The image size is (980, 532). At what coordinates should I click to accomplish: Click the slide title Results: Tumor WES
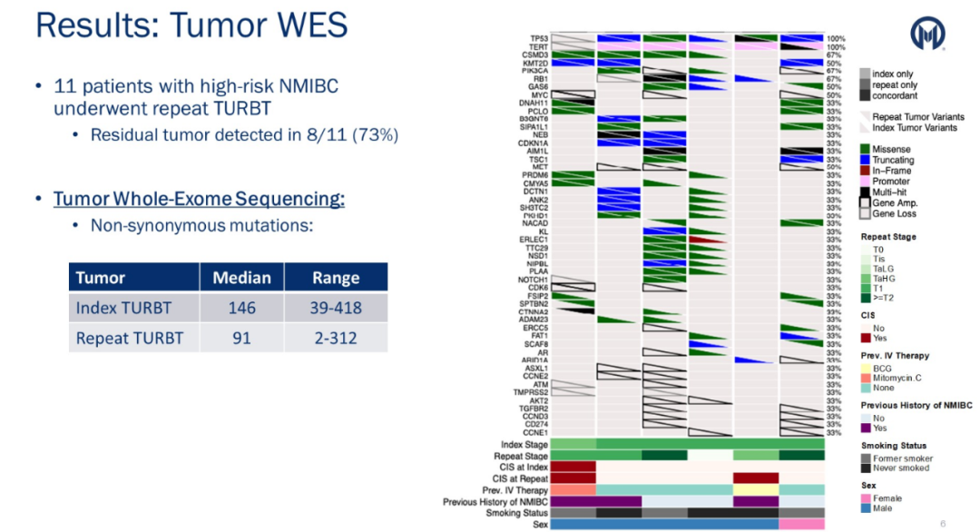pyautogui.click(x=191, y=25)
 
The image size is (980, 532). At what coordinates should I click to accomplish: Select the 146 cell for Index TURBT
pyautogui.click(x=241, y=308)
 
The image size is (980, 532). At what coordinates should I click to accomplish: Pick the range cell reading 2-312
pyautogui.click(x=336, y=338)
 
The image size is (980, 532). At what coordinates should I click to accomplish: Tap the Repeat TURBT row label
pyautogui.click(x=129, y=338)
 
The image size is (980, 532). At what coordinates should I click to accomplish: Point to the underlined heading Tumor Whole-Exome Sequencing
pyautogui.click(x=199, y=198)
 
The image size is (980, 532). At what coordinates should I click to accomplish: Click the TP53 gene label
pyautogui.click(x=539, y=39)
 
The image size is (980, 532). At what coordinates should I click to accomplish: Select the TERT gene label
pyautogui.click(x=539, y=47)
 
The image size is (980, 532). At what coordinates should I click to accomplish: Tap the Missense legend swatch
pyautogui.click(x=865, y=149)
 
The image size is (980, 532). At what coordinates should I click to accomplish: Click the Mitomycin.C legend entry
pyautogui.click(x=893, y=378)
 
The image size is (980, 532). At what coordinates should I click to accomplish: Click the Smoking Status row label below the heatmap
pyautogui.click(x=517, y=513)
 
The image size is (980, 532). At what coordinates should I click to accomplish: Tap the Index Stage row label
pyautogui.click(x=525, y=445)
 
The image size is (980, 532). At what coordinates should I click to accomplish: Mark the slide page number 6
pyautogui.click(x=943, y=523)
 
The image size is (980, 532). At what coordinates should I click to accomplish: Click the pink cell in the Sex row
pyautogui.click(x=801, y=524)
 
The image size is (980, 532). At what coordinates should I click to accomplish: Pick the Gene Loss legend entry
pyautogui.click(x=893, y=213)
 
